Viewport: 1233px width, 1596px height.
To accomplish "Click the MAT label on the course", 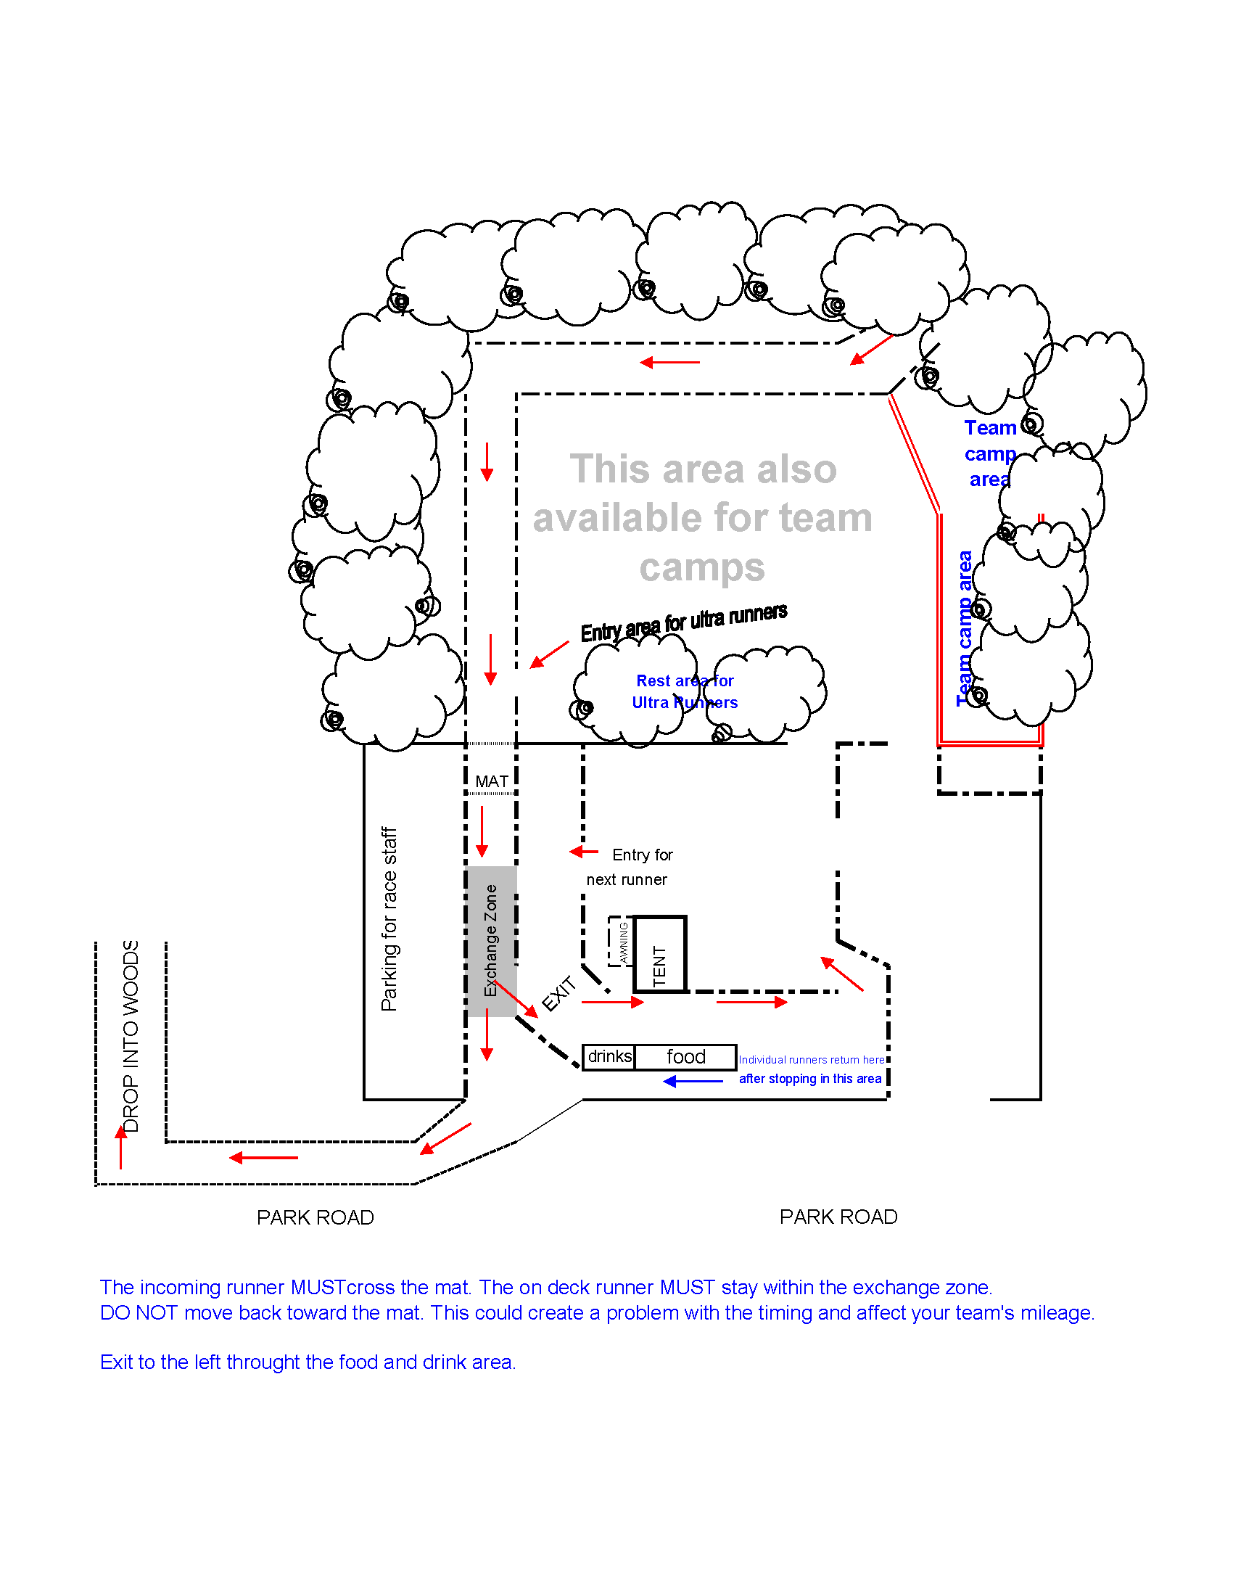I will pyautogui.click(x=492, y=781).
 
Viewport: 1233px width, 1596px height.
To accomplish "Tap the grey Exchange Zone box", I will pyautogui.click(x=492, y=940).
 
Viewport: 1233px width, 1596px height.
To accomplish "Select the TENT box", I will pyautogui.click(x=660, y=955).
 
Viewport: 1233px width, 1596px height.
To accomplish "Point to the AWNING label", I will pyautogui.click(x=623, y=942).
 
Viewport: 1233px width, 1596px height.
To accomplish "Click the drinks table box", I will pyautogui.click(x=609, y=1057).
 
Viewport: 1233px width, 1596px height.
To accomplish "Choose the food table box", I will pyautogui.click(x=686, y=1057).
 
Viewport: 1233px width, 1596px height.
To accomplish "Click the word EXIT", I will pyautogui.click(x=559, y=994).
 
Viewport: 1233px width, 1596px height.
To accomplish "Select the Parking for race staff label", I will pyautogui.click(x=389, y=919).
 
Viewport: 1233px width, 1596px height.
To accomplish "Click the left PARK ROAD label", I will pyautogui.click(x=316, y=1217).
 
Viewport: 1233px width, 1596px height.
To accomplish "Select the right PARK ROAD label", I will pyautogui.click(x=838, y=1217).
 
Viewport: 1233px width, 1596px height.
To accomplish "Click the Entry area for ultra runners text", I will pyautogui.click(x=684, y=622).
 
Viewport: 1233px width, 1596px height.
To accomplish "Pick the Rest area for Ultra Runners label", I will pyautogui.click(x=685, y=691).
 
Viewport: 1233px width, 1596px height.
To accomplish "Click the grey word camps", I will pyautogui.click(x=702, y=568).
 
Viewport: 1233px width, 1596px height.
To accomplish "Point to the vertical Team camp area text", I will pyautogui.click(x=964, y=628).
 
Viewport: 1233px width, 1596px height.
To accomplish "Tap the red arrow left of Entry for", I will pyautogui.click(x=584, y=852).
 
